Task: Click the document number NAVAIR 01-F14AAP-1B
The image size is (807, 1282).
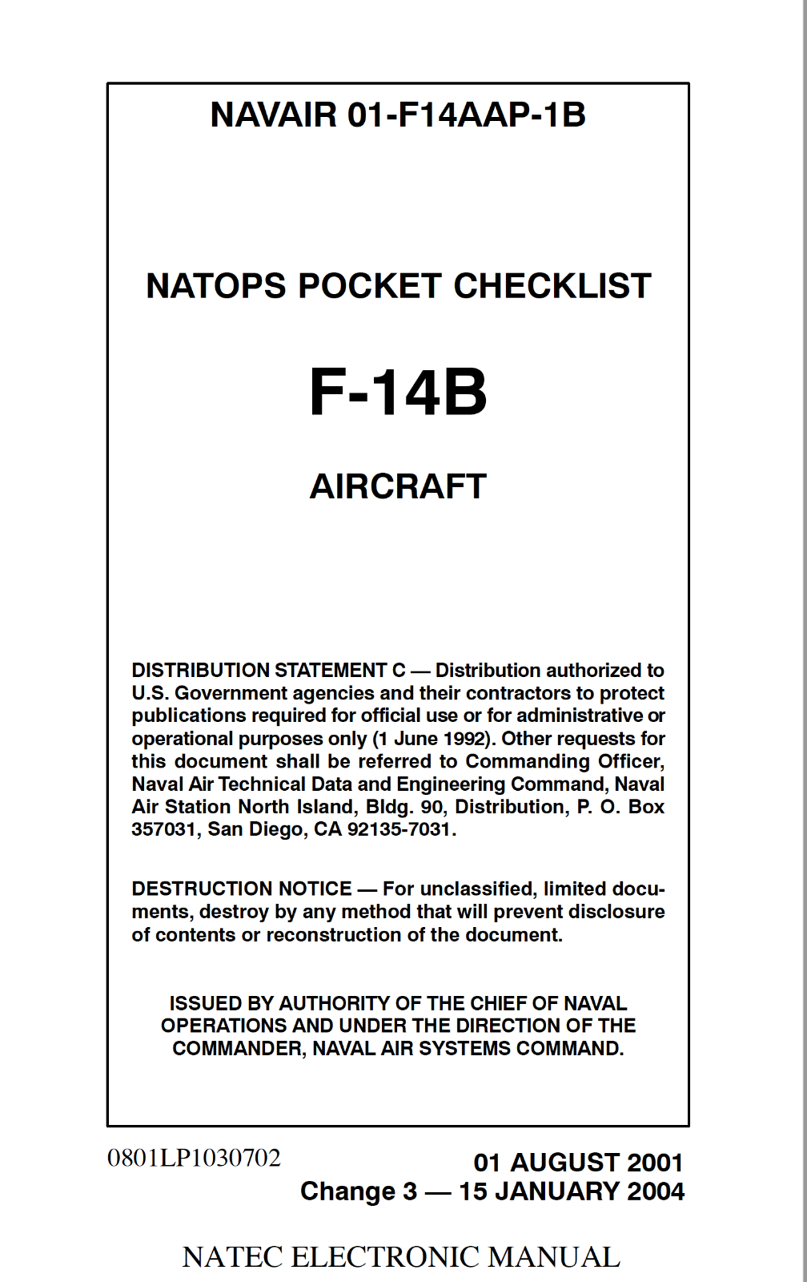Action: pos(398,115)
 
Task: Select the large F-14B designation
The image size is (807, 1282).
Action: pos(398,393)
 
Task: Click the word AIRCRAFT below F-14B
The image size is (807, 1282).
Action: pos(398,486)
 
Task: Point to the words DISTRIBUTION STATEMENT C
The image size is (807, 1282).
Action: pos(268,671)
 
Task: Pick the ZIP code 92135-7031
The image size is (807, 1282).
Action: pos(399,829)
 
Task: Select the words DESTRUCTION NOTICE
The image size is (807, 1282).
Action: pos(242,889)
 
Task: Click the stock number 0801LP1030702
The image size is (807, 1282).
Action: pos(194,1158)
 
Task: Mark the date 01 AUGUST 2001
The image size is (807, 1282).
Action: pos(578,1163)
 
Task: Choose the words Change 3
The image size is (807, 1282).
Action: pos(359,1191)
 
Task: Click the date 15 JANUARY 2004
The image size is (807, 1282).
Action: pos(572,1191)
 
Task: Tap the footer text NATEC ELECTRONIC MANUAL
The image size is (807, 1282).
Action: pos(401,1257)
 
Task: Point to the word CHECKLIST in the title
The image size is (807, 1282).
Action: pos(552,287)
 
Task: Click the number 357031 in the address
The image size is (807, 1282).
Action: pos(163,829)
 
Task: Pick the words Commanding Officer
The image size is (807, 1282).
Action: pos(564,761)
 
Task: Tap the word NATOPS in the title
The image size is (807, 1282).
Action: pos(214,287)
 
